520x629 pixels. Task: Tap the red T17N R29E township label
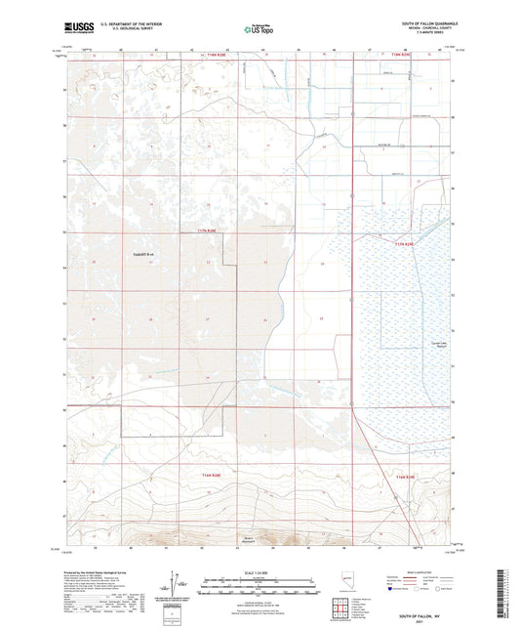(x=405, y=243)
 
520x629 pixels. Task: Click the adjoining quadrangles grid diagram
(x=343, y=608)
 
